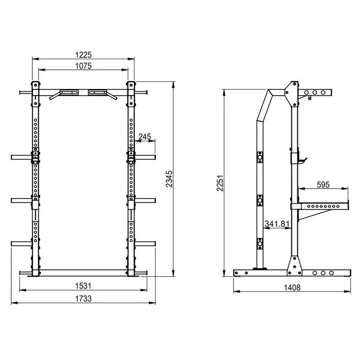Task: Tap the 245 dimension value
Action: pyautogui.click(x=145, y=137)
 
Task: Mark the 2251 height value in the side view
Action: pyautogui.click(x=221, y=182)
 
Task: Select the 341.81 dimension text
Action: pyautogui.click(x=277, y=224)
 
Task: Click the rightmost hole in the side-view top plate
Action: pyautogui.click(x=323, y=93)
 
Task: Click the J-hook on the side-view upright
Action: pyautogui.click(x=300, y=159)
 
